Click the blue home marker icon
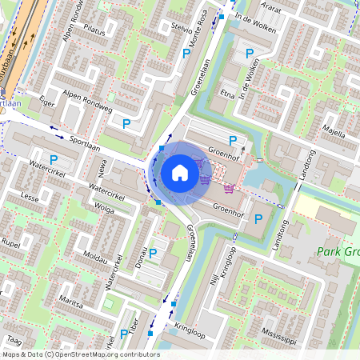(180, 172)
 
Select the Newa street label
(102, 166)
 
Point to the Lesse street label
(30, 196)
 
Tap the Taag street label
(14, 340)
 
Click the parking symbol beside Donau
(152, 254)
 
